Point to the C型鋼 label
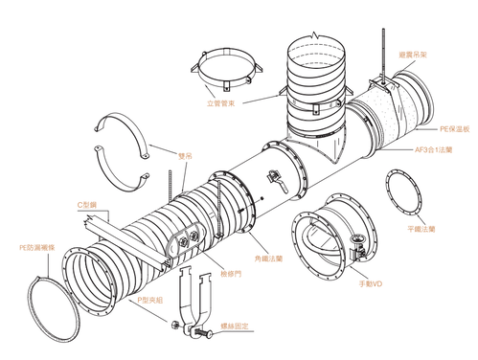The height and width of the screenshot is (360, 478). click(x=88, y=205)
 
